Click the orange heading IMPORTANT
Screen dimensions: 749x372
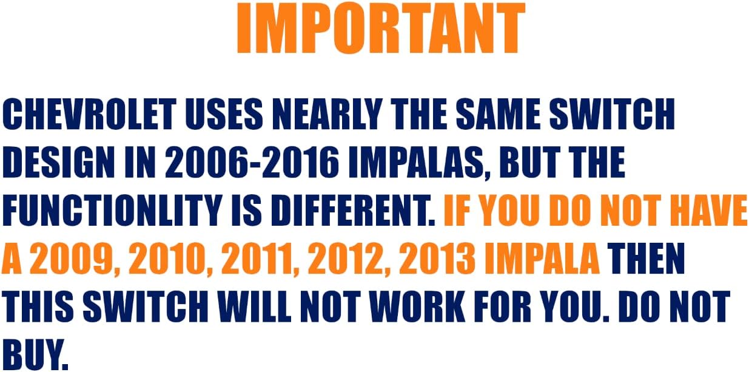coord(381,28)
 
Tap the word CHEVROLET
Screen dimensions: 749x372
coord(89,114)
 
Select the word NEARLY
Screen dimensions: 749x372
coord(327,114)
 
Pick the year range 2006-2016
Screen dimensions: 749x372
coord(252,162)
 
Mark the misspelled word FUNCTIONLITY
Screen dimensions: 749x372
coord(112,210)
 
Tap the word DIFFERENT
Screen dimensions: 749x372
coord(353,210)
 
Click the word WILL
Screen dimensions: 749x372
coord(255,306)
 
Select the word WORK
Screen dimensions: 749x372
coord(418,306)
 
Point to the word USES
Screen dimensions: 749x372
coord(224,114)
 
